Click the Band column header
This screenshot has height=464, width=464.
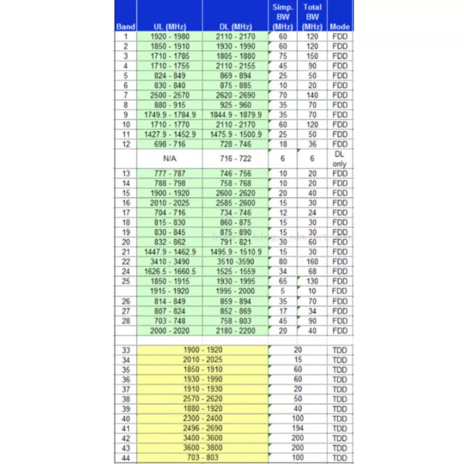pos(125,26)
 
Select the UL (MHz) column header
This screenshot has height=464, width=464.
pos(169,26)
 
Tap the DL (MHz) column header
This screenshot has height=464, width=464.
pos(235,26)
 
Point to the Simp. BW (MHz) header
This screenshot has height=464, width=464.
pos(283,17)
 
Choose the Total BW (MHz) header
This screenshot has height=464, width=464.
pos(312,17)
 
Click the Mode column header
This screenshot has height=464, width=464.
pos(340,26)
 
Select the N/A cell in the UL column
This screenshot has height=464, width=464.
pos(169,158)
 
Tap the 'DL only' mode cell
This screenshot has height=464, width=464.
pos(340,158)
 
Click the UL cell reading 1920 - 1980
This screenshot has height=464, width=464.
pos(169,37)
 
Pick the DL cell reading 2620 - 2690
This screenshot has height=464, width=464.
pos(235,95)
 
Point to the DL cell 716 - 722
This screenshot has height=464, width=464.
pos(235,158)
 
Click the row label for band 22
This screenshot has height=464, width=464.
pos(126,262)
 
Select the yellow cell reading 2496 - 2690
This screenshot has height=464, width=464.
pos(203,428)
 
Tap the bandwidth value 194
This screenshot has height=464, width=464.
pos(297,428)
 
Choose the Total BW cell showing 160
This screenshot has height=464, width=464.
pos(312,262)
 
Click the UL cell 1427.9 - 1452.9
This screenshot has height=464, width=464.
pos(169,134)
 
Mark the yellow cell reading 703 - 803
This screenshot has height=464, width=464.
pos(203,458)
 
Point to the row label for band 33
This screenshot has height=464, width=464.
pos(126,350)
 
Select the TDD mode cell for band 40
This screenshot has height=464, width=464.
pos(340,419)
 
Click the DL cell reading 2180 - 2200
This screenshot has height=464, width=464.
pos(235,331)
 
